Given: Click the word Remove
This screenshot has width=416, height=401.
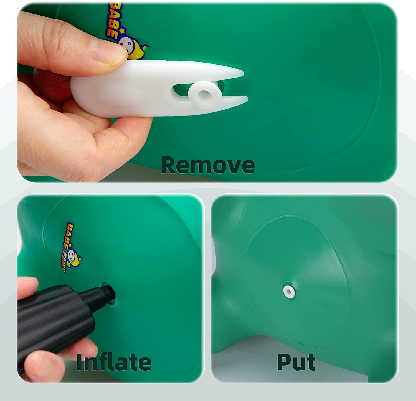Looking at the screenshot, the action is point(207,165).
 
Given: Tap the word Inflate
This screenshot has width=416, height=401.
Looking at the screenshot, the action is point(114,362).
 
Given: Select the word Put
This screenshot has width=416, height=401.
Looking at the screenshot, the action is point(296,362).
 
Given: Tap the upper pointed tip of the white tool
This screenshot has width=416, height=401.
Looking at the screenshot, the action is point(243,73).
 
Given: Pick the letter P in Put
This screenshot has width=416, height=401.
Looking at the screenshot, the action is point(284,362).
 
